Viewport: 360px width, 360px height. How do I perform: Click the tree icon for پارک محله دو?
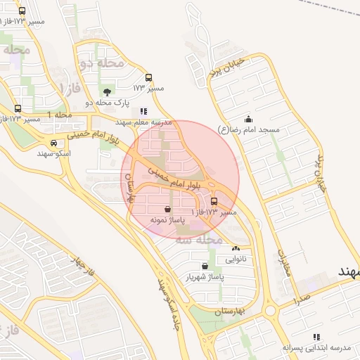[106, 92]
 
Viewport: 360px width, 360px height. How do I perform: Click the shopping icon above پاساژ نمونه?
[167, 209]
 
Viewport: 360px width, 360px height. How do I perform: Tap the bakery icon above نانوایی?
[235, 248]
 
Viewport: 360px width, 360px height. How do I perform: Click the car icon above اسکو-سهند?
[45, 143]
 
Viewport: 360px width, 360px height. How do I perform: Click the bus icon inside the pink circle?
[214, 201]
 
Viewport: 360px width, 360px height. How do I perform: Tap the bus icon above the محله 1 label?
[18, 108]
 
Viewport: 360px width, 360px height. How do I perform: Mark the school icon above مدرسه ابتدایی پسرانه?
[316, 337]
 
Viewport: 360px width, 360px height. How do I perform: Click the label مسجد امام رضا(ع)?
[250, 130]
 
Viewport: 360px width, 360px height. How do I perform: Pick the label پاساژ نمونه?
[167, 220]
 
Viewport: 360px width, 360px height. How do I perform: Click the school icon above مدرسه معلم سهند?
[144, 111]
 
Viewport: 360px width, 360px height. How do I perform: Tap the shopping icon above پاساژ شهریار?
[205, 266]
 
